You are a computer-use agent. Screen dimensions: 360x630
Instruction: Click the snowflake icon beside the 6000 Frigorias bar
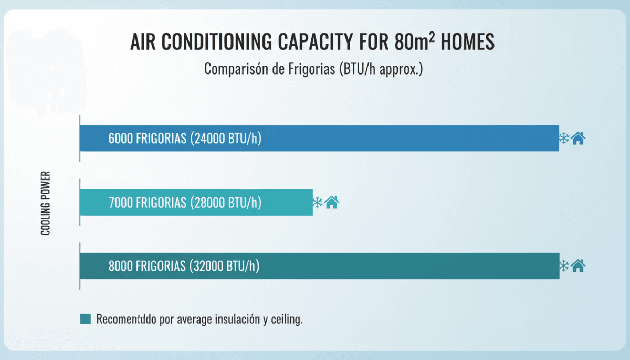[x=564, y=139]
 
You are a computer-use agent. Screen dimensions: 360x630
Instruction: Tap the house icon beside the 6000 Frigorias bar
[x=578, y=139]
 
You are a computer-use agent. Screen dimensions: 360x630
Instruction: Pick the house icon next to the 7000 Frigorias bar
[x=332, y=202]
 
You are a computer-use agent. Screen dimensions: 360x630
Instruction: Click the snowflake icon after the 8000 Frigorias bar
[x=564, y=266]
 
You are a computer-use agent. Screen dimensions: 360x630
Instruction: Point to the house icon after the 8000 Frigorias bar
[x=578, y=266]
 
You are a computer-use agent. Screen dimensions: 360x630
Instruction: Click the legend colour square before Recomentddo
[x=86, y=319]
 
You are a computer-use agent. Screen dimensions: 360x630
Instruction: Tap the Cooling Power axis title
[x=46, y=203]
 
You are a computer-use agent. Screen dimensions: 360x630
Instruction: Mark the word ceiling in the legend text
[x=286, y=320]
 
